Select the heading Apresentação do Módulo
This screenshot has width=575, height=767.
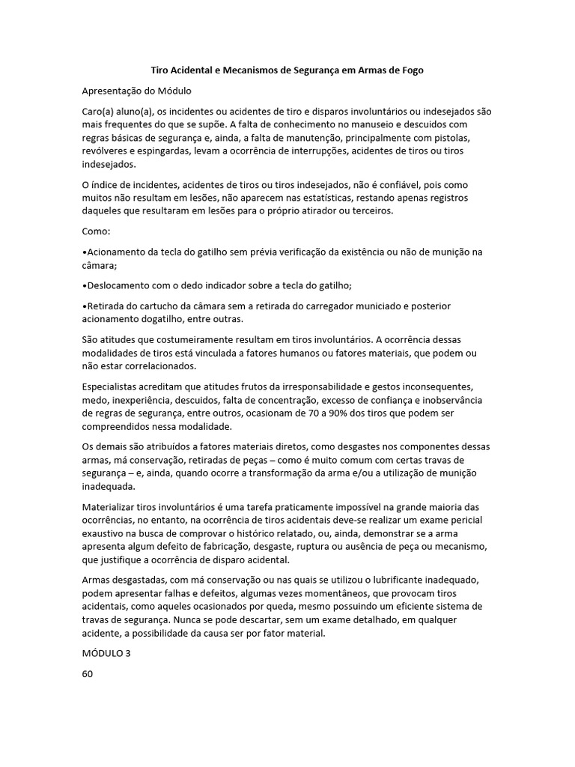pyautogui.click(x=137, y=91)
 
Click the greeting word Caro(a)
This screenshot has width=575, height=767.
pyautogui.click(x=97, y=112)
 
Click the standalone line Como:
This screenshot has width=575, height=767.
pyautogui.click(x=96, y=231)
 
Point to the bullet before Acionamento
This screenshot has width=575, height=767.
pyautogui.click(x=84, y=252)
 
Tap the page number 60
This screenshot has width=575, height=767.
pyautogui.click(x=88, y=673)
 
